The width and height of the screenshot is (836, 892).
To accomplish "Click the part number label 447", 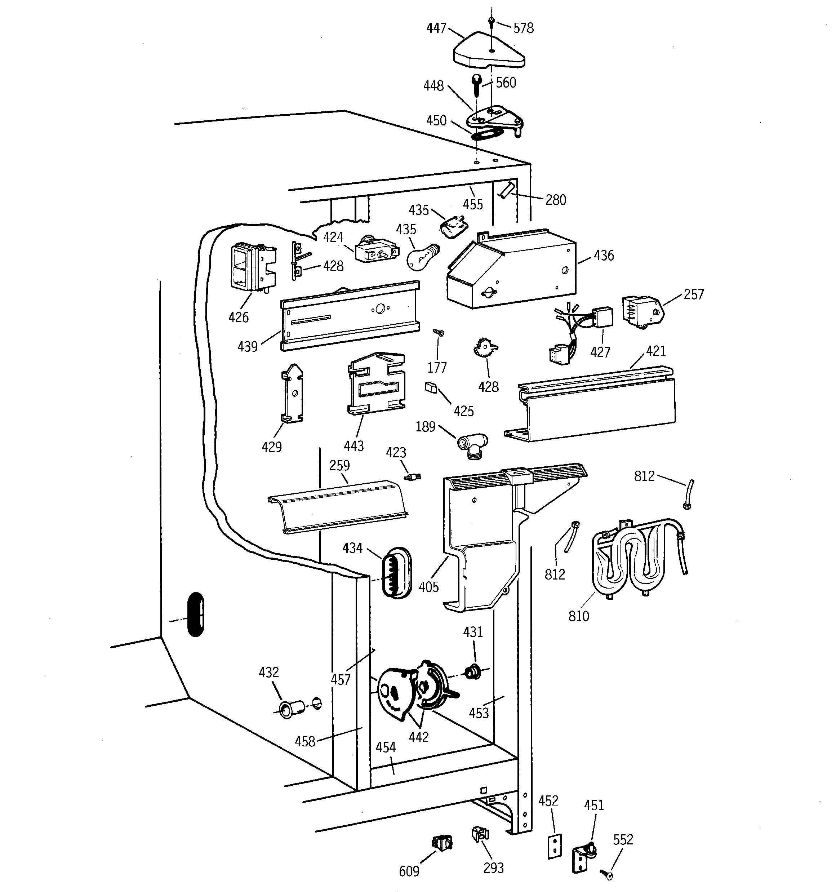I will pyautogui.click(x=436, y=28).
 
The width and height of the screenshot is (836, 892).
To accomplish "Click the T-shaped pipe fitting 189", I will pyautogui.click(x=472, y=445).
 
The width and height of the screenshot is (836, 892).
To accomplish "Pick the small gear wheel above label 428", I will pyautogui.click(x=485, y=348).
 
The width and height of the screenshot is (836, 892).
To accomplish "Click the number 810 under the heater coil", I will pyautogui.click(x=578, y=616).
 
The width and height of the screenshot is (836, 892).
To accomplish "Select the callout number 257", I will pyautogui.click(x=693, y=294).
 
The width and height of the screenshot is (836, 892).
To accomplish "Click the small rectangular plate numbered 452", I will pyautogui.click(x=555, y=846).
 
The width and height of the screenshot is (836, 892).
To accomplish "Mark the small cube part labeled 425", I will pyautogui.click(x=431, y=387).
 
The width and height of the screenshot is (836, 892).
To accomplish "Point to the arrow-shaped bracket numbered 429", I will pyautogui.click(x=292, y=393).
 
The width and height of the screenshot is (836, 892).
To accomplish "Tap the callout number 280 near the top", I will pyautogui.click(x=556, y=200).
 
